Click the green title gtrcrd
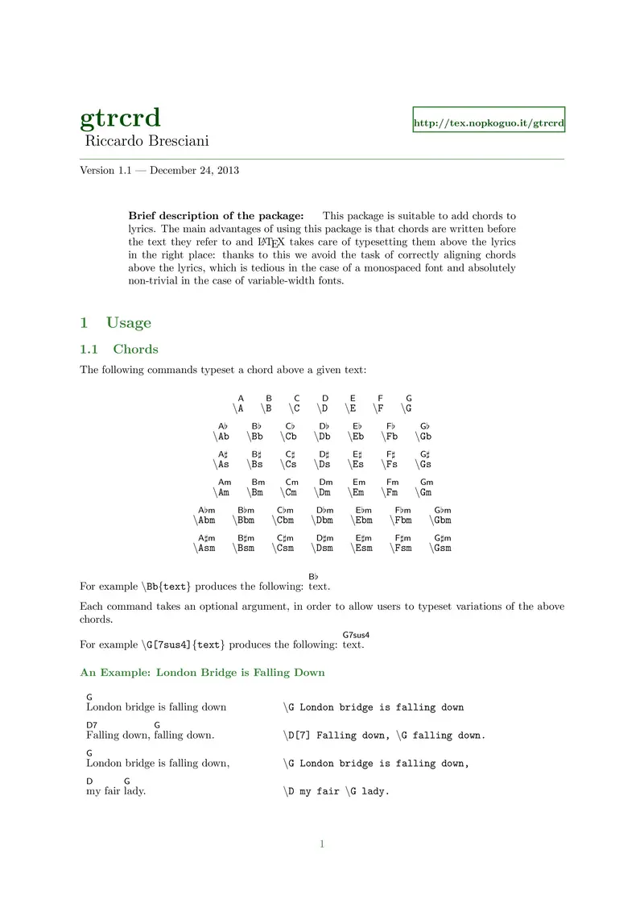(120, 118)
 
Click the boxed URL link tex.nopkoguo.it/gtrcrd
(489, 124)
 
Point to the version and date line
(159, 170)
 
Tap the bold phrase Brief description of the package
(216, 216)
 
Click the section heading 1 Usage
(116, 323)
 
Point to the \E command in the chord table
(352, 408)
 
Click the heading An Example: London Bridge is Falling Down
(202, 672)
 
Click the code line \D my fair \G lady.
(336, 791)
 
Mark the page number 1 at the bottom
(322, 844)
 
